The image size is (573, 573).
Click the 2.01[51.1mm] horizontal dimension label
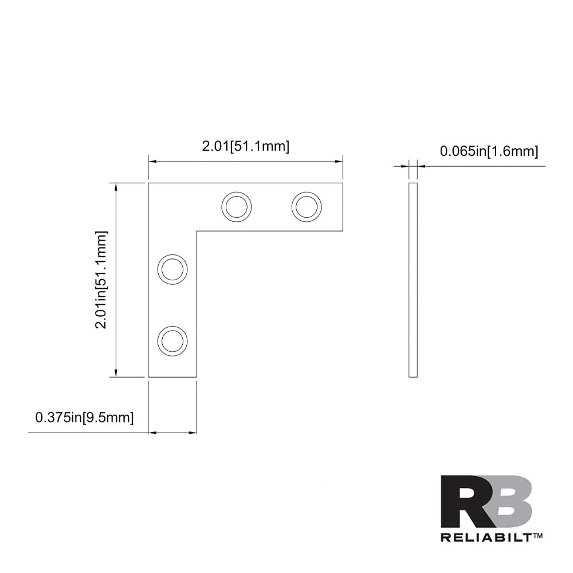point(245,146)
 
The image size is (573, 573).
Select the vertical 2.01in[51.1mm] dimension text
point(102,280)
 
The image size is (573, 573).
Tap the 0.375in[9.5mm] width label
point(84,418)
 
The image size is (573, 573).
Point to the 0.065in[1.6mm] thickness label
point(489,151)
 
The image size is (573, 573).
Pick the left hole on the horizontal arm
point(236,206)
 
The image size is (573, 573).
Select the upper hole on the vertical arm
point(172,268)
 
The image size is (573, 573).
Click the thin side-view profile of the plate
point(413,280)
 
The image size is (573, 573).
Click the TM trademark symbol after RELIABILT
point(538,536)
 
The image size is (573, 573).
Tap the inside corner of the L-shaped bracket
point(197,231)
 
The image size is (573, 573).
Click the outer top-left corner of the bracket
point(149,183)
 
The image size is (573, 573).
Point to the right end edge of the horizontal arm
point(342,207)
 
